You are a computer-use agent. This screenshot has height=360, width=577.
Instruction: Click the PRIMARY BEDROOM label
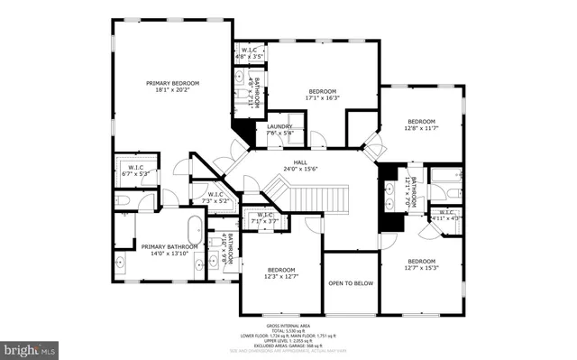coord(172,87)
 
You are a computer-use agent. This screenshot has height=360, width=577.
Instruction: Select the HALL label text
coord(301,164)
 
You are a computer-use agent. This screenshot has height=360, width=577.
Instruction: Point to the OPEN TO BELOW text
coord(351,282)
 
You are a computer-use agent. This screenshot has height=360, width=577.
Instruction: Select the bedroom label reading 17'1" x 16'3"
coord(323,95)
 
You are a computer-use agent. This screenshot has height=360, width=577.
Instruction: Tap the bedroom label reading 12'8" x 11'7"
coord(421,125)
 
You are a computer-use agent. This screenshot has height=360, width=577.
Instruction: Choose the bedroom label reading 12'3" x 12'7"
coord(280,272)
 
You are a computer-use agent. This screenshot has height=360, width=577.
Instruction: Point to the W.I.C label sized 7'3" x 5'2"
coord(215,197)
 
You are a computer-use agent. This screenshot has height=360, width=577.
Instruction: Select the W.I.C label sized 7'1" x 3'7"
coord(265,217)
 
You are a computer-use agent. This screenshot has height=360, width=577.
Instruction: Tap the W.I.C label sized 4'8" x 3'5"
coord(248,53)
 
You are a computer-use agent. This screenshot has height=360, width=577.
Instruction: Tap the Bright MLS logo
coord(29,346)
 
